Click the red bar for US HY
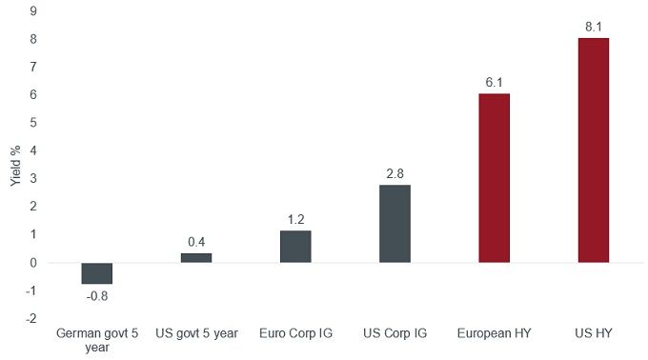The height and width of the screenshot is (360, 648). coord(593,150)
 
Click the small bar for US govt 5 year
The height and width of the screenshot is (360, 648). coord(196,257)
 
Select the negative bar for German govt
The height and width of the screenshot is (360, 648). coord(97,273)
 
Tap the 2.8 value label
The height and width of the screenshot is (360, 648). coord(395,174)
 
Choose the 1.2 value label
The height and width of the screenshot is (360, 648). coord(295,219)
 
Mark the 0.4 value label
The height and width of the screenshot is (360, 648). coord(196,242)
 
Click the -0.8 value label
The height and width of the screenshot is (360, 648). coord(97,295)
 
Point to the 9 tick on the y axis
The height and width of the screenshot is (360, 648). coord(33,11)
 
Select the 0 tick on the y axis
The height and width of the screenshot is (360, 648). coord(33,263)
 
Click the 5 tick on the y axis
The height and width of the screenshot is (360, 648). coord(33,123)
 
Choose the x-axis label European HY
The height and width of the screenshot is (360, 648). coord(494,334)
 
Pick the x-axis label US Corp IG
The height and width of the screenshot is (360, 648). coord(395,334)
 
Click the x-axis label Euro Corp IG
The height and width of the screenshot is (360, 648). coord(295,334)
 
